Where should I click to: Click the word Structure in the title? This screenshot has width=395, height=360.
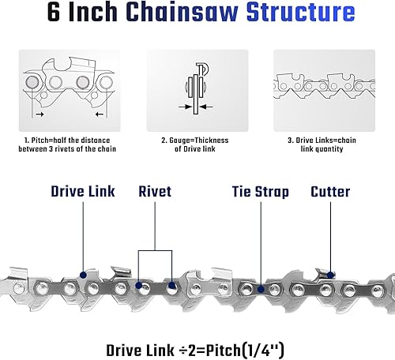[x=300, y=12]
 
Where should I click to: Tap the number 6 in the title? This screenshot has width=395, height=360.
[x=54, y=12]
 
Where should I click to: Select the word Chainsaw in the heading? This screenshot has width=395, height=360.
[x=182, y=12]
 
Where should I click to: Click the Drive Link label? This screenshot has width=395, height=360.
[x=83, y=191]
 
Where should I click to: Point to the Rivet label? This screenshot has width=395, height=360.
[x=155, y=191]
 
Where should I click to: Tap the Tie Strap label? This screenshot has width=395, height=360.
[x=261, y=192]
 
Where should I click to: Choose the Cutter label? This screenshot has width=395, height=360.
[x=330, y=191]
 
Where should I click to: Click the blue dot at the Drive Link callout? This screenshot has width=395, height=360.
[x=83, y=276]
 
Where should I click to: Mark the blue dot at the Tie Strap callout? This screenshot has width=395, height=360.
[x=261, y=290]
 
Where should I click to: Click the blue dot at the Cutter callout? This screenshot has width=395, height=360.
[x=330, y=276]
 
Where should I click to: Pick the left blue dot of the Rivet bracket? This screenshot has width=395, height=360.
[x=138, y=285]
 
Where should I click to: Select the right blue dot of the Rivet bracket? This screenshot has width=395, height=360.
[x=171, y=285]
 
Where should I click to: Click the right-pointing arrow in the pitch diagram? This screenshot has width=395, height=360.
[x=39, y=114]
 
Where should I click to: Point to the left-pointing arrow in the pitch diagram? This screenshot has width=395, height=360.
[x=100, y=114]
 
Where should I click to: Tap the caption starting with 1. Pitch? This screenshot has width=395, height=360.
[x=67, y=144]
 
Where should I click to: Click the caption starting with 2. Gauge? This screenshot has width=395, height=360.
[x=195, y=144]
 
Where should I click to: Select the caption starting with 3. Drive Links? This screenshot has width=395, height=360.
[x=322, y=144]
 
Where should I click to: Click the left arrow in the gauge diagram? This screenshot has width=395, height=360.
[x=185, y=107]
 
